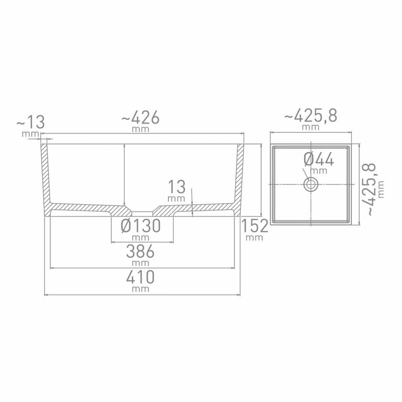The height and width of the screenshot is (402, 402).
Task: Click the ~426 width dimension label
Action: [x=140, y=118]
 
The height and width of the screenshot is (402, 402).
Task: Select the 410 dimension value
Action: [x=140, y=277]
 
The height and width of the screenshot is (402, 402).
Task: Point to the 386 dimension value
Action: [x=140, y=252]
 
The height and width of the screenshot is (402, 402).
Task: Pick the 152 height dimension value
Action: [x=254, y=227]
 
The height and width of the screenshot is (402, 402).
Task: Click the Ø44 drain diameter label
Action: [x=319, y=159]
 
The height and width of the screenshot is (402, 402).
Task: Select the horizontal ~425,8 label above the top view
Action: [x=310, y=116]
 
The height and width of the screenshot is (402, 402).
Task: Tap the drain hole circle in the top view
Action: [x=310, y=184]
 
